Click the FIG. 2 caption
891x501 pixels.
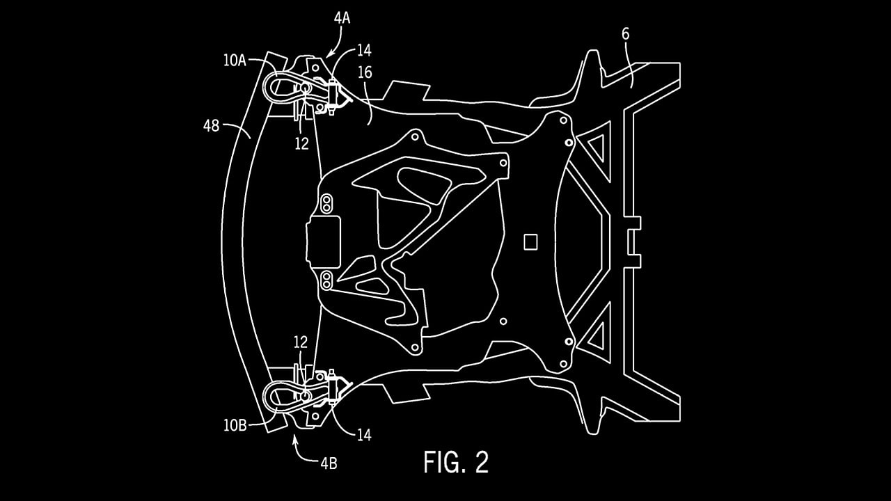tap(456, 462)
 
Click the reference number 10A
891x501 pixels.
tap(235, 61)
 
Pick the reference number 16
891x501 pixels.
tap(365, 73)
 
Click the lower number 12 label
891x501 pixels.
tap(300, 342)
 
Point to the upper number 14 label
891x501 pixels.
tap(364, 50)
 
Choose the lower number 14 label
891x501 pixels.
tap(363, 436)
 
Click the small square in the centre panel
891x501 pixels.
tap(530, 241)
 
